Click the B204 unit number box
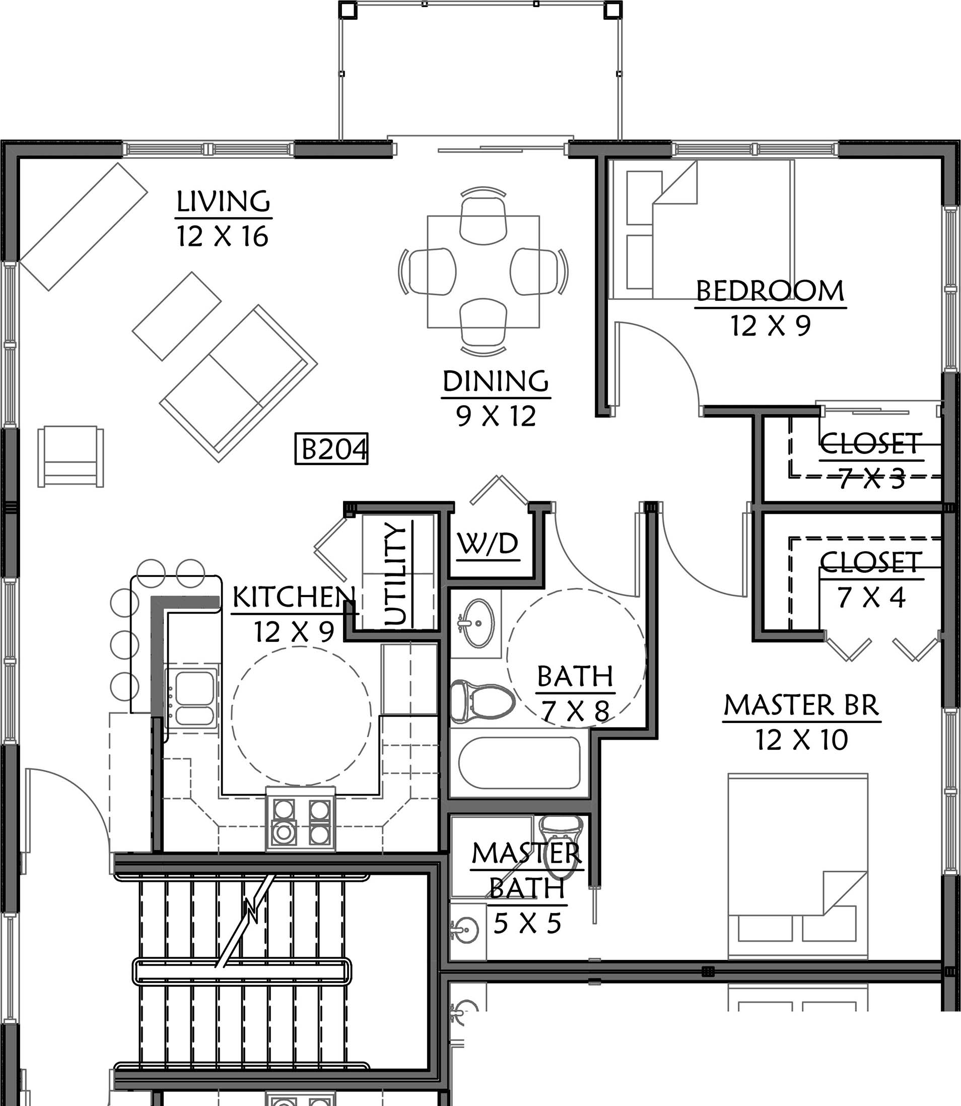point(331,448)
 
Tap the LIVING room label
point(223,201)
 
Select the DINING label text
point(496,381)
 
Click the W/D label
point(488,543)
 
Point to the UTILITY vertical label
point(397,574)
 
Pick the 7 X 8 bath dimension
point(575,711)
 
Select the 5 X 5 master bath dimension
point(527,923)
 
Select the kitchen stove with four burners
point(301,819)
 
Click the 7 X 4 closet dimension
point(871,598)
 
